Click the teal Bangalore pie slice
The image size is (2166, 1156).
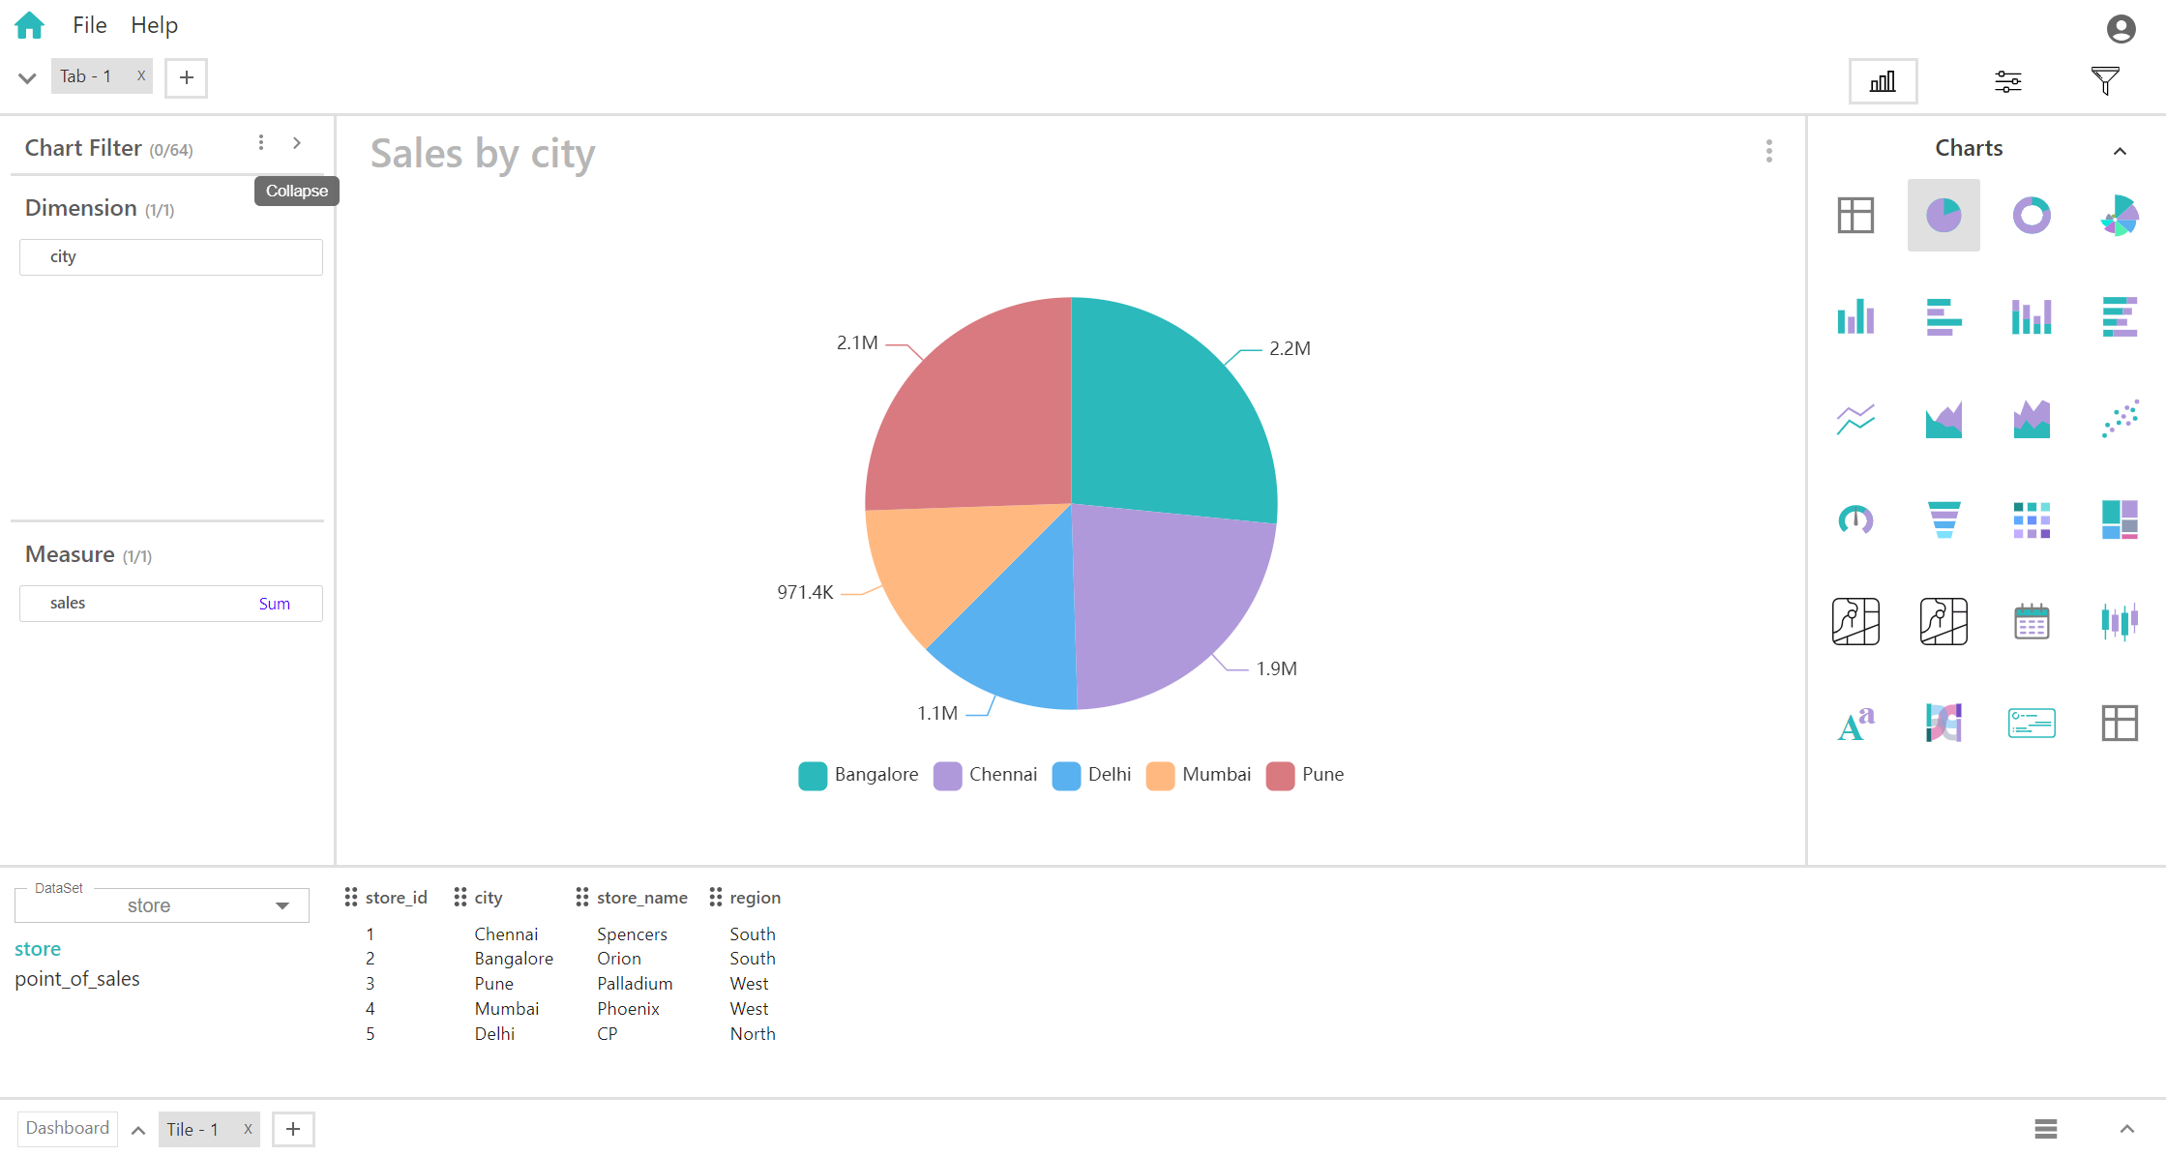[1171, 416]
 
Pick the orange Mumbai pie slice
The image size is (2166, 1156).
[929, 561]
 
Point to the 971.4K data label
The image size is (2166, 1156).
[805, 592]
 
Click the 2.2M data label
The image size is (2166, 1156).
[1290, 348]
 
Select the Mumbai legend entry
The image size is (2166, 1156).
[1200, 775]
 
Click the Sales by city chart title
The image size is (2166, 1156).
[483, 154]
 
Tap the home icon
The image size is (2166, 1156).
[30, 25]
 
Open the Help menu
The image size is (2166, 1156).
[154, 25]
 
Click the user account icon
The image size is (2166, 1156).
[2121, 29]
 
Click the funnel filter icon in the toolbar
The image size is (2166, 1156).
[2105, 81]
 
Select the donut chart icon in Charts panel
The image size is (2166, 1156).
[2032, 215]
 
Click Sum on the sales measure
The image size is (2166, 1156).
[275, 604]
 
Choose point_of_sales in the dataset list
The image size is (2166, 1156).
[77, 979]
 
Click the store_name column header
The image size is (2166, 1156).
[641, 898]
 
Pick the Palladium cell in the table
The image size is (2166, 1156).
[635, 984]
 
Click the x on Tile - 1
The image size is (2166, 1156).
[248, 1129]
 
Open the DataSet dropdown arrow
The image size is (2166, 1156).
[282, 905]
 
